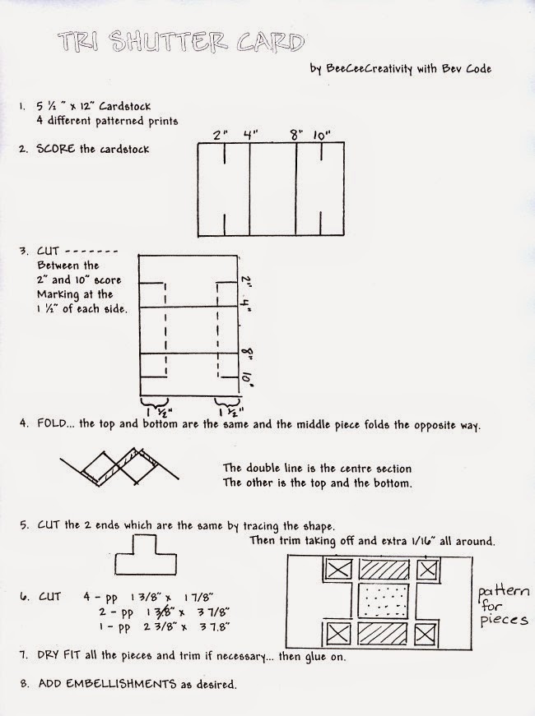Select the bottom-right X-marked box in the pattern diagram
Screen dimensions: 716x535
428,633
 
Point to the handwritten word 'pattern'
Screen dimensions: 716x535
504,590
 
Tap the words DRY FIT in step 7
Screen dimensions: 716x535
59,656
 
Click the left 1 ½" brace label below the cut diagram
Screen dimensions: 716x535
151,408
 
